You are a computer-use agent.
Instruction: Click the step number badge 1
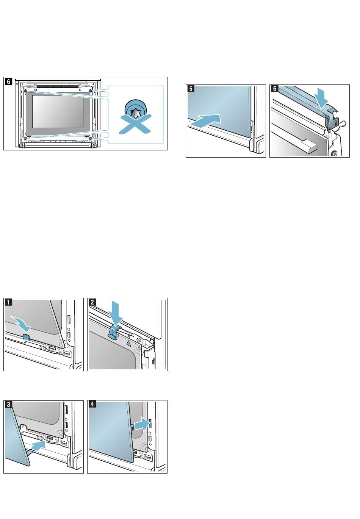8,302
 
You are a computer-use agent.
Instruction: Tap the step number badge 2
92,302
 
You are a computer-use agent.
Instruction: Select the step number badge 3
8,404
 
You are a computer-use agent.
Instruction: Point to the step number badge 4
92,404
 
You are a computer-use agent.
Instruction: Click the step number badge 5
191,89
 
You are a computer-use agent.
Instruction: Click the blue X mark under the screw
135,124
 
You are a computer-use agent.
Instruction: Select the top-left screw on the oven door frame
25,91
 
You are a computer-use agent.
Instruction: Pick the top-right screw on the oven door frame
90,91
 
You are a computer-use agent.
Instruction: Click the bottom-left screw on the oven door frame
25,138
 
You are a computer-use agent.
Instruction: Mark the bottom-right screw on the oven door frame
90,138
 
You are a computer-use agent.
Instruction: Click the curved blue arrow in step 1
21,324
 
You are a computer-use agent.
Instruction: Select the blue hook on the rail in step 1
27,337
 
